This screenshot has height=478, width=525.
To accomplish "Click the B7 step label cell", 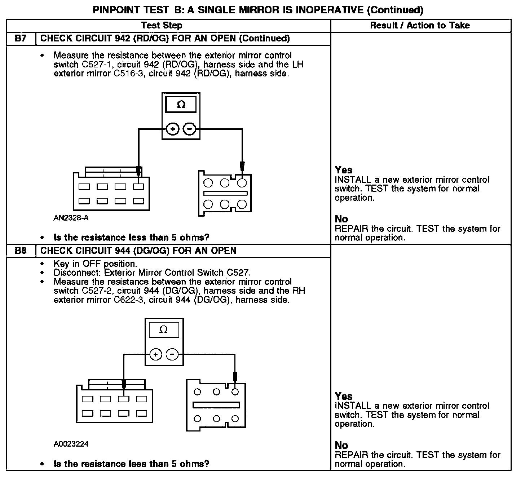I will pos(21,39).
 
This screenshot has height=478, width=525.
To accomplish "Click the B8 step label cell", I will pos(21,251).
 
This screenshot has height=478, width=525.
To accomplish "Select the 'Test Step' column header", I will pos(162,25).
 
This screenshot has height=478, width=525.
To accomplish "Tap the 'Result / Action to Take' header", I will pos(420,25).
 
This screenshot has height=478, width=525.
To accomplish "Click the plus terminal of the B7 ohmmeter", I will pos(173,129).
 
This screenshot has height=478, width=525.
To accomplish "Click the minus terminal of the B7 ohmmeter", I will pos(190,129).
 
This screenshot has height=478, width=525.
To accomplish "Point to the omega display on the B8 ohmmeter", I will pos(164,330).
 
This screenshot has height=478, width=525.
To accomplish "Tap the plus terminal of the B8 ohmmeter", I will pos(155,355).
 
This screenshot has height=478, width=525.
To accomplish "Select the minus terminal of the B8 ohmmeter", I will pos(172,355).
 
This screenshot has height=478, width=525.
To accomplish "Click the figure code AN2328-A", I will pos(71,218).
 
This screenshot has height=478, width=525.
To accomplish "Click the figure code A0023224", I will pos(71,444).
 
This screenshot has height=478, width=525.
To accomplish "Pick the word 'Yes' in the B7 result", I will pos(344,170).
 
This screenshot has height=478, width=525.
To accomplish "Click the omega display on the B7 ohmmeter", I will pos(181,105).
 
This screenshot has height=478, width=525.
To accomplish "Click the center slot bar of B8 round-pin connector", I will pos(216,405).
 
